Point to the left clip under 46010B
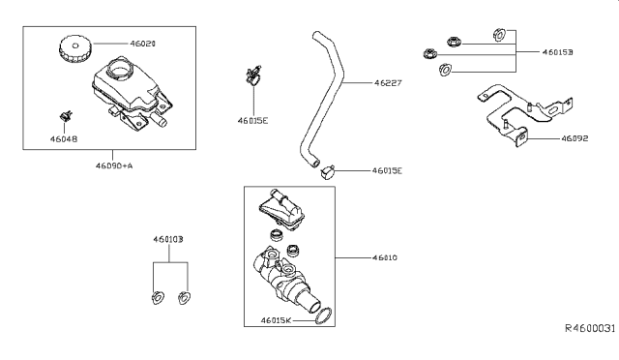pyautogui.click(x=159, y=297)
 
